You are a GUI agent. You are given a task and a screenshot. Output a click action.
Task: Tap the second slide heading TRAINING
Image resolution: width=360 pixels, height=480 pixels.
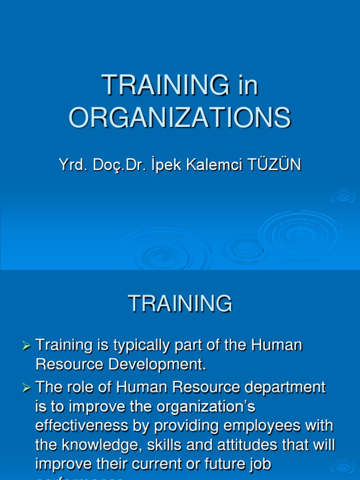click(180, 303)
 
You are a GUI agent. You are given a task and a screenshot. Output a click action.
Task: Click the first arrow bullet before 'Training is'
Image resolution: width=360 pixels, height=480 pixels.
click(27, 346)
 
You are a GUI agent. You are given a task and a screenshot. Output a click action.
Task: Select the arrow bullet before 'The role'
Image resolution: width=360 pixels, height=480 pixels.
click(27, 388)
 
